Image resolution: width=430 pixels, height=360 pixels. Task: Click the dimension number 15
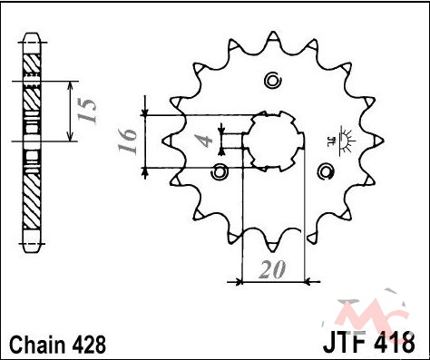click(87, 110)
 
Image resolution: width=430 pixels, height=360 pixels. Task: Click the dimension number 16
click(127, 141)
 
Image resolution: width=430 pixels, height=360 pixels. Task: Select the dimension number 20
click(272, 269)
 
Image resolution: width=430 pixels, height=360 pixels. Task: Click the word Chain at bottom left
click(37, 345)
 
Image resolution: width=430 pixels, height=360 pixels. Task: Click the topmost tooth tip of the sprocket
click(273, 32)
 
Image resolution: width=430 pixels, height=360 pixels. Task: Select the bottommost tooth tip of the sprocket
click(273, 251)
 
